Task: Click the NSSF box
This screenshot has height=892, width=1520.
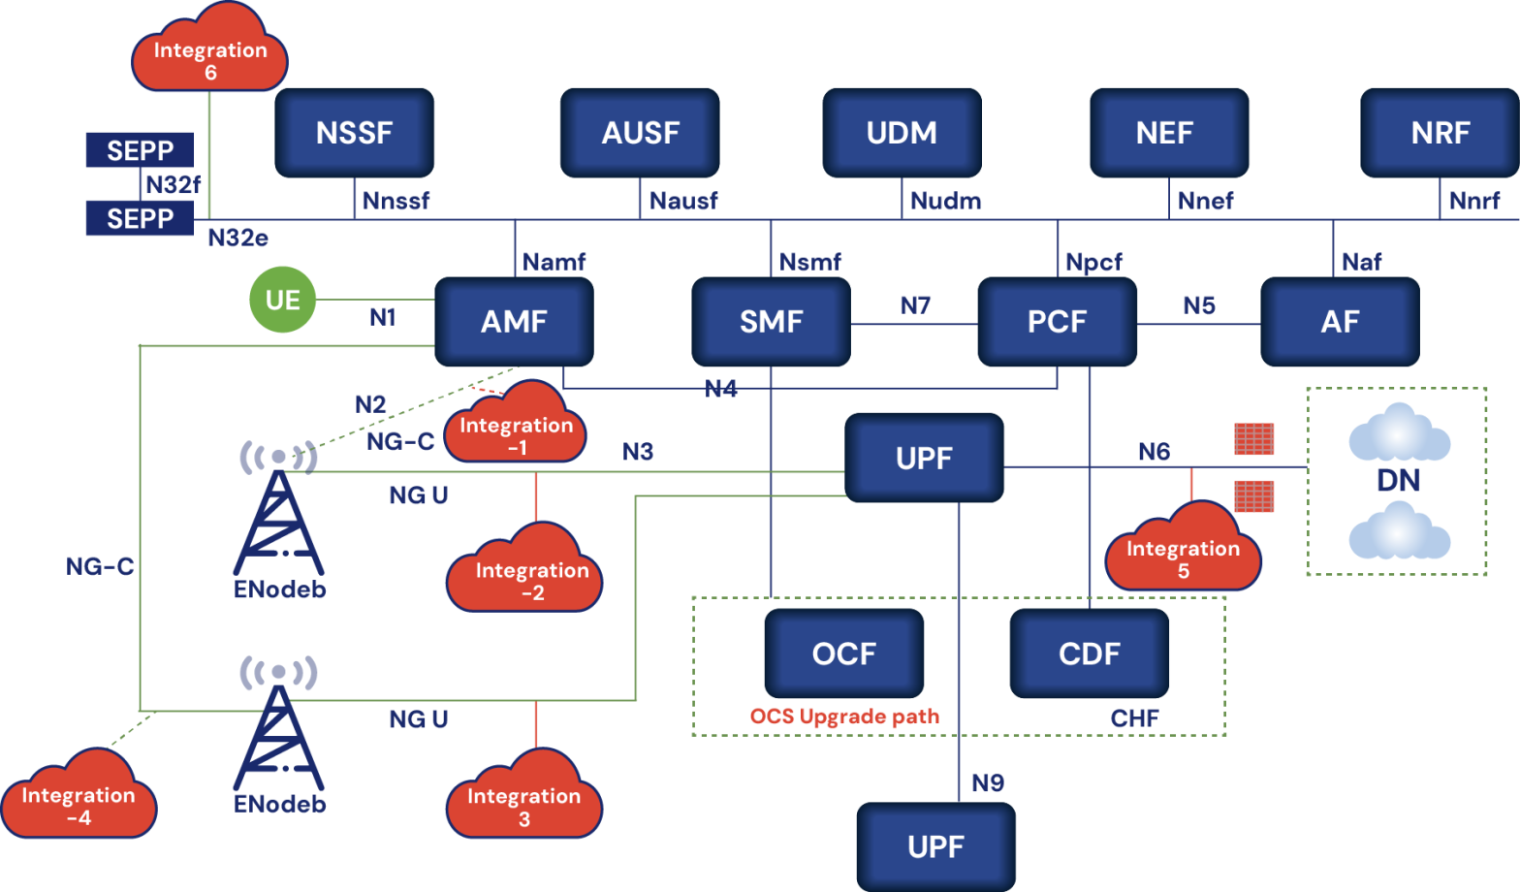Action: (354, 133)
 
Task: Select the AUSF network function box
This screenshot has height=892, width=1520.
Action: (640, 133)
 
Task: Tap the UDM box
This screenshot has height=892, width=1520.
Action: (902, 133)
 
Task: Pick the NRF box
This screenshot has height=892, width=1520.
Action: (1440, 133)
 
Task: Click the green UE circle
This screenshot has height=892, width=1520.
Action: (283, 301)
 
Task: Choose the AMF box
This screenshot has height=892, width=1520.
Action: (514, 322)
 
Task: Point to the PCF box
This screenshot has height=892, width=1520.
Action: (1057, 322)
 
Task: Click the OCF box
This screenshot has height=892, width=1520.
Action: (843, 653)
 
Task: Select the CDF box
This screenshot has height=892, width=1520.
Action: (1090, 653)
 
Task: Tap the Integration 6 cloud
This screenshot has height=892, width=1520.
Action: (210, 58)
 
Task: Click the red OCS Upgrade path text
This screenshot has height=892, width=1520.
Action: (844, 717)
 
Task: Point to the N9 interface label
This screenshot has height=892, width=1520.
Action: (987, 783)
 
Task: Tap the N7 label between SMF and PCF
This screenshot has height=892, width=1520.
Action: (914, 306)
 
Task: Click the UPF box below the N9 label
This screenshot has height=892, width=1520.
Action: (935, 846)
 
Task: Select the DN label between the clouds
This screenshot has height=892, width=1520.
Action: (1398, 480)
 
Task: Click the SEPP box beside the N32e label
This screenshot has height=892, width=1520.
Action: (140, 218)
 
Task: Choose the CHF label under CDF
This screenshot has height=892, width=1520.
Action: (1134, 718)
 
